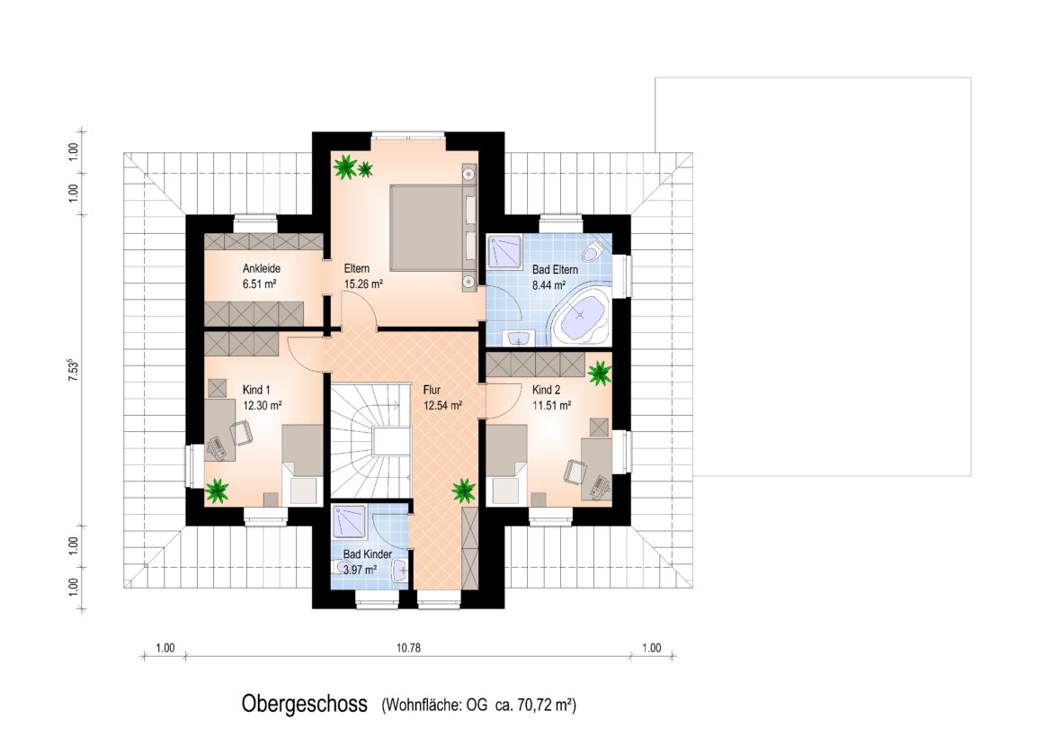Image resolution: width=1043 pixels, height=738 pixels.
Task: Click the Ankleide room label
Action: click(x=262, y=269)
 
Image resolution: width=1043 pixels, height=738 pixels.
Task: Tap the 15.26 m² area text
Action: click(x=363, y=284)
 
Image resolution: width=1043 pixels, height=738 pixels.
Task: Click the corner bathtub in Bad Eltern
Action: click(x=582, y=317)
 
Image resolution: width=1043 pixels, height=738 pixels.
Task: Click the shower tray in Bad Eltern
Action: click(x=504, y=251)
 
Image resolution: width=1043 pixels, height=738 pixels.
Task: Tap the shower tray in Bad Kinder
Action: click(x=350, y=521)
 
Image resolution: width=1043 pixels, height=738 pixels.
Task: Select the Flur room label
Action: click(x=432, y=391)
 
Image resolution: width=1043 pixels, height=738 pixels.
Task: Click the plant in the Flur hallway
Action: click(x=464, y=490)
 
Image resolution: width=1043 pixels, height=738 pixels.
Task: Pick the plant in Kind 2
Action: click(x=599, y=373)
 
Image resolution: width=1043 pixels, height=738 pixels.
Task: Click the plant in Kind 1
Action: click(x=217, y=490)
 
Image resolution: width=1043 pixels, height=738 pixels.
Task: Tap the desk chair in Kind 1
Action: click(x=242, y=433)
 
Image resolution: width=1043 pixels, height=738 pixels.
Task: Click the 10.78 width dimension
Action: click(x=408, y=647)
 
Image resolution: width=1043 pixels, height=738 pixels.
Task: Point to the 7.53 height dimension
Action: click(x=74, y=370)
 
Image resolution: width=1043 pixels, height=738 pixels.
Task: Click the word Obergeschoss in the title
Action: click(x=305, y=704)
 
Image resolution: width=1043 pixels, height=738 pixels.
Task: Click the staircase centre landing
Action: click(x=389, y=442)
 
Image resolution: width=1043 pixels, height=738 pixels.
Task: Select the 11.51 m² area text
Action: click(x=552, y=405)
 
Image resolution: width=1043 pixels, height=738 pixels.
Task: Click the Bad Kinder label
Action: click(x=367, y=554)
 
